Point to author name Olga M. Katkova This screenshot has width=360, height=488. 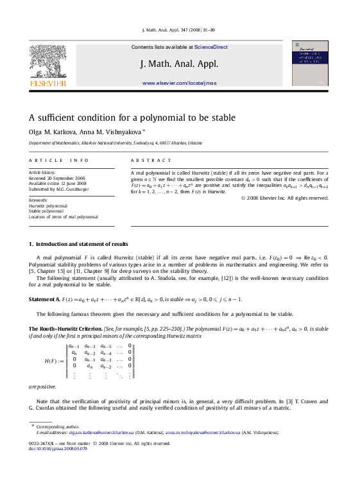(x=51, y=132)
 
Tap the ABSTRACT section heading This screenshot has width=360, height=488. (x=151, y=160)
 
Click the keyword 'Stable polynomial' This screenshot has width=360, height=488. (x=47, y=211)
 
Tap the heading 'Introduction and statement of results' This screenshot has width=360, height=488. (x=81, y=244)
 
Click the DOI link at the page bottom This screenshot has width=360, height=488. (x=54, y=448)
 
